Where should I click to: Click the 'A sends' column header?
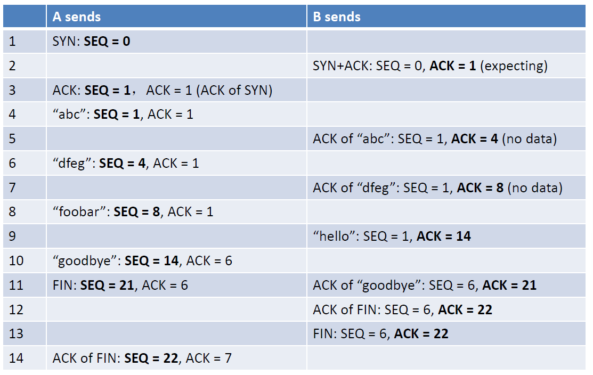(76, 17)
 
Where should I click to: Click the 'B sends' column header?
(336, 17)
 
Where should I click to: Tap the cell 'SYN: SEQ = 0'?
(91, 41)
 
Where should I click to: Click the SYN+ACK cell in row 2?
(430, 66)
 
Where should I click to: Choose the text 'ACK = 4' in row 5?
(475, 139)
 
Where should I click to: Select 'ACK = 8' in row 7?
(480, 187)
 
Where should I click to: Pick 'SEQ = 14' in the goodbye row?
(152, 261)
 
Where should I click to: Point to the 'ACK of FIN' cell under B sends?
(402, 310)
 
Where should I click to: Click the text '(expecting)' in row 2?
(514, 66)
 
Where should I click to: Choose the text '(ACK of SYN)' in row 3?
(234, 90)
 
